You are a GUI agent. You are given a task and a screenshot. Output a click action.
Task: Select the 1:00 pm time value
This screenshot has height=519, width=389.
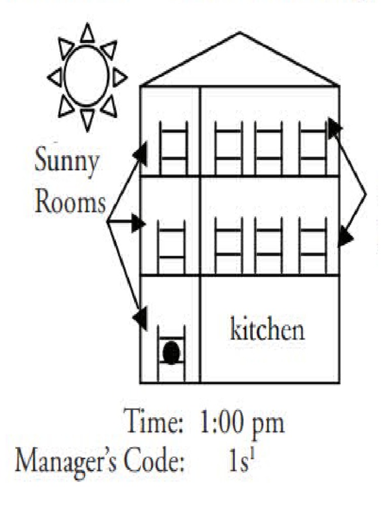pos(242,421)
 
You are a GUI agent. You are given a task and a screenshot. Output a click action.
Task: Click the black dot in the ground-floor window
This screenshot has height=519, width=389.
pos(171,353)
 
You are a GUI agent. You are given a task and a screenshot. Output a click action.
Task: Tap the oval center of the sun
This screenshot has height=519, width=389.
pos(86,76)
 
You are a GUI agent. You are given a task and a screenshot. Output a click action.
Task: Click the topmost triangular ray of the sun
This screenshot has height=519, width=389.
pos(87,32)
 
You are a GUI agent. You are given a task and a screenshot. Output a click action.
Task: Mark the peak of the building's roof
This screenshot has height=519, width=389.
pos(240,32)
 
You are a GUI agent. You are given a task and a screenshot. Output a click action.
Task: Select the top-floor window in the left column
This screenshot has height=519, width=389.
pos(173,148)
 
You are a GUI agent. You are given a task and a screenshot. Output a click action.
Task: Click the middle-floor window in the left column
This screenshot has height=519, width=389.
pos(171,247)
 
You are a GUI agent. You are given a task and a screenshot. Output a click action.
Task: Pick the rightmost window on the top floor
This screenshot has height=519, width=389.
pos(313,148)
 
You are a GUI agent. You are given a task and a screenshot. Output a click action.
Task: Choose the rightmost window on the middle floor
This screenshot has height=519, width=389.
pos(313,246)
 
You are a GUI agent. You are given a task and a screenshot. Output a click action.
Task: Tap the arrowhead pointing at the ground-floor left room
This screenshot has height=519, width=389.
pos(140,318)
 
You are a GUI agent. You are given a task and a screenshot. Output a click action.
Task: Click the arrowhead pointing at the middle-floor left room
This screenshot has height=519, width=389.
pos(138,223)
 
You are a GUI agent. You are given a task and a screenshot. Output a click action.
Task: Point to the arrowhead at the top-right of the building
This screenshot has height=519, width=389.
pos(334,127)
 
